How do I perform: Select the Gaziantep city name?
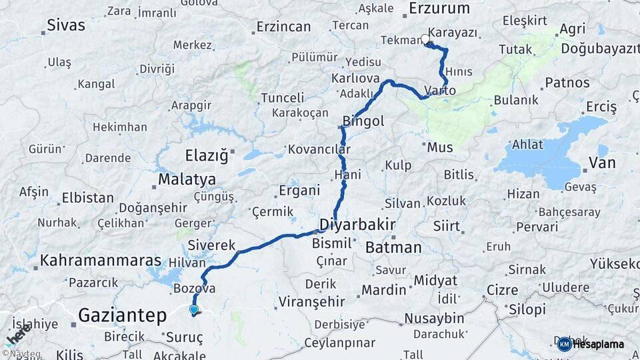point(121,315)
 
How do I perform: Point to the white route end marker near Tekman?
point(425,39)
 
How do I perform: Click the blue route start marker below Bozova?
point(193,309)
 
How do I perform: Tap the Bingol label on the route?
point(363,121)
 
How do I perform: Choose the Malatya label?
point(187,180)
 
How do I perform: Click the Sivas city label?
point(66,26)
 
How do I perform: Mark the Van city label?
point(602,163)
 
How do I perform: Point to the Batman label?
point(393,247)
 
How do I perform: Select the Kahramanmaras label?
point(101,261)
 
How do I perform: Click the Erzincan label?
point(283,27)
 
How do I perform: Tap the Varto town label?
point(440,91)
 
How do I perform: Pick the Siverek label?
point(212,245)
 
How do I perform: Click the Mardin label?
point(383,290)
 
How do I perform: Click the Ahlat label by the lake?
point(528,145)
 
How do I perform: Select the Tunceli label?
point(282,98)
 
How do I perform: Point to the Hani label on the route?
point(347,175)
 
